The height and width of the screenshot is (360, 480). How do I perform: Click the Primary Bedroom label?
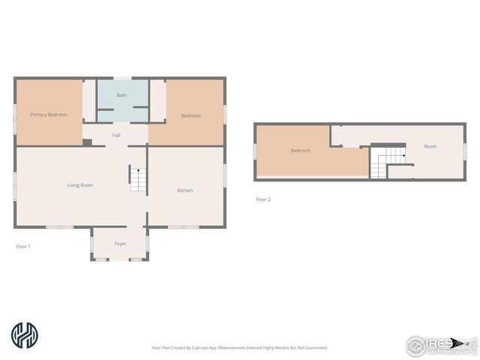click(x=49, y=115)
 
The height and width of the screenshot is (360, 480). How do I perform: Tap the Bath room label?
click(x=121, y=95)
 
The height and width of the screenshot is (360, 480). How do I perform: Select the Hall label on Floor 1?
click(x=116, y=135)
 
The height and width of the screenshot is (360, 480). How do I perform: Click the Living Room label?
click(x=80, y=184)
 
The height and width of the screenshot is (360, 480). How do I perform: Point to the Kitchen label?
click(x=184, y=190)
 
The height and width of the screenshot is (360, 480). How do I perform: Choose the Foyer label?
click(x=120, y=244)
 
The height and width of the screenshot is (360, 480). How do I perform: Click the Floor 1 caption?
click(x=23, y=246)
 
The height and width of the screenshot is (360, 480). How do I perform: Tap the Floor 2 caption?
click(x=263, y=199)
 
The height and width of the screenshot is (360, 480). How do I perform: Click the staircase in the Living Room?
click(x=136, y=178)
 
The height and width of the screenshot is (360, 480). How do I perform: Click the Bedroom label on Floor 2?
click(x=301, y=151)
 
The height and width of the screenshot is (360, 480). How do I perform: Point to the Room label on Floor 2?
click(x=430, y=146)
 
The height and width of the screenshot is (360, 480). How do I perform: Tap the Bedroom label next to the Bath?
click(x=191, y=115)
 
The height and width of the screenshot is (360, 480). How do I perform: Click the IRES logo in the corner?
click(x=438, y=343)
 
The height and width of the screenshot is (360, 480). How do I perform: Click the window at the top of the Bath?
click(x=122, y=77)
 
